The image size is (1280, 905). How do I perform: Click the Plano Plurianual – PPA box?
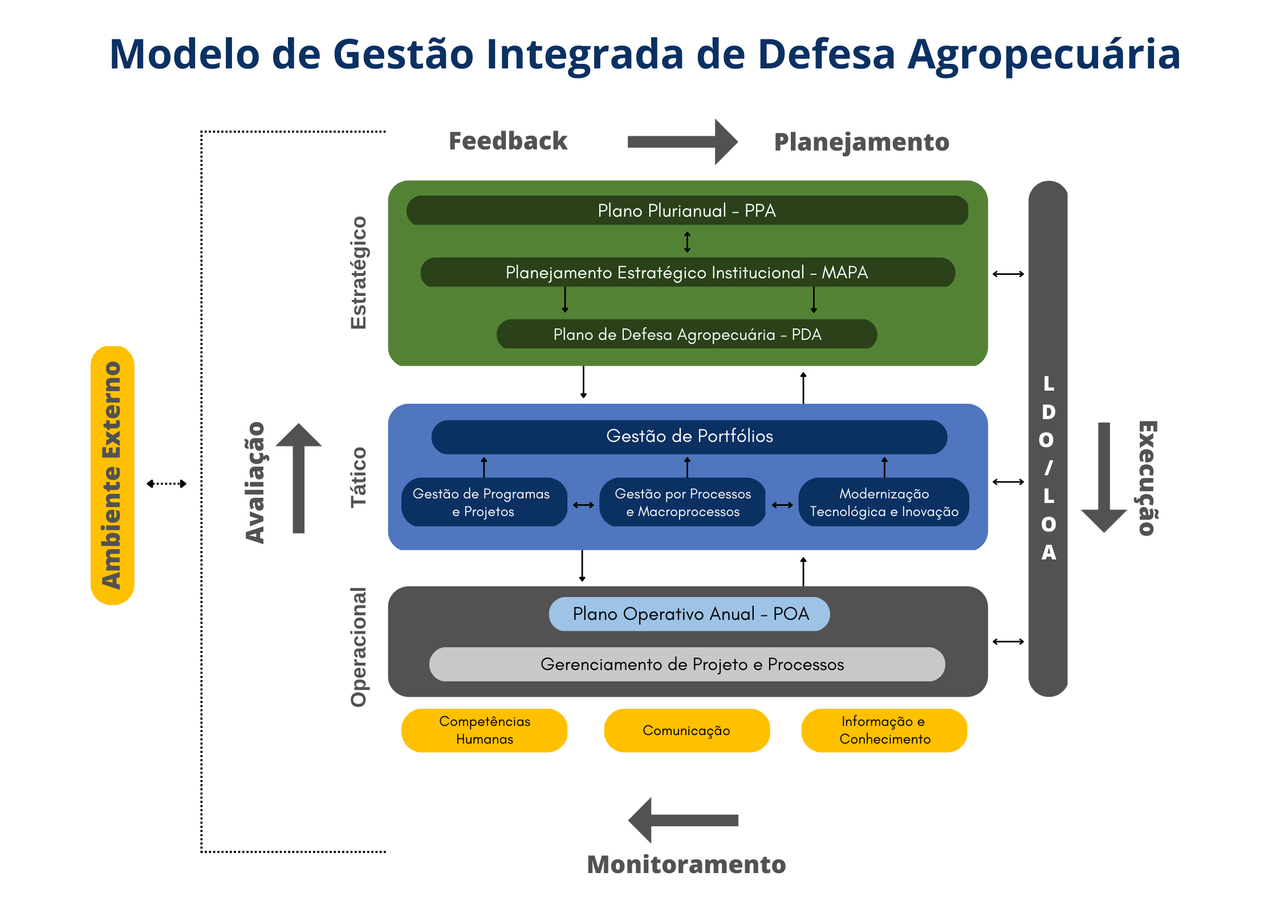pos(687,210)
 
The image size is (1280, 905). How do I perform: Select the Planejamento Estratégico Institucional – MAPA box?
pos(688,272)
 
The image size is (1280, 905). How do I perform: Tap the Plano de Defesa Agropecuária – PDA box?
pos(687,334)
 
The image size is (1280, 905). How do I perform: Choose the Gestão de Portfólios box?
pos(689,437)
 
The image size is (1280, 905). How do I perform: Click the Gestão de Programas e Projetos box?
pos(484,502)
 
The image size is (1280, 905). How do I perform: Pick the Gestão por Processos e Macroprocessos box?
pos(682,502)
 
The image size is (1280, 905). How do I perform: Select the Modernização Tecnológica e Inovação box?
pos(884,502)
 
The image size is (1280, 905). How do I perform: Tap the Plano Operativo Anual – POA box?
pos(689,614)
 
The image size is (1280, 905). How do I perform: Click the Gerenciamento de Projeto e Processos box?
pos(687,664)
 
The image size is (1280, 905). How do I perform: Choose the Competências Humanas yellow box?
pos(484,731)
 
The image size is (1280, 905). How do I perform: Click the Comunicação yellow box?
pos(687,731)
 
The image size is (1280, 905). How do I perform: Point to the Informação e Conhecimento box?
pos(884,731)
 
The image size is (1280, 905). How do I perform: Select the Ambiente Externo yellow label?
pos(112,476)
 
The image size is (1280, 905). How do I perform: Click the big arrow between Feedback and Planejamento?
pos(682,142)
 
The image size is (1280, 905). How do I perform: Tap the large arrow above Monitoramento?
pos(683,821)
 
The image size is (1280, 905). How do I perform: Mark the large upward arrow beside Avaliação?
pos(299,478)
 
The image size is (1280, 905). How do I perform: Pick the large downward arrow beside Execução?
pos(1104,478)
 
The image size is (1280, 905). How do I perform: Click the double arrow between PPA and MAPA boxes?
pos(688,242)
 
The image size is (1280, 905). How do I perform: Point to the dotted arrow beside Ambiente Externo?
pos(166,484)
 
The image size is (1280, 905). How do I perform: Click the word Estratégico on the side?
pos(358,273)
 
